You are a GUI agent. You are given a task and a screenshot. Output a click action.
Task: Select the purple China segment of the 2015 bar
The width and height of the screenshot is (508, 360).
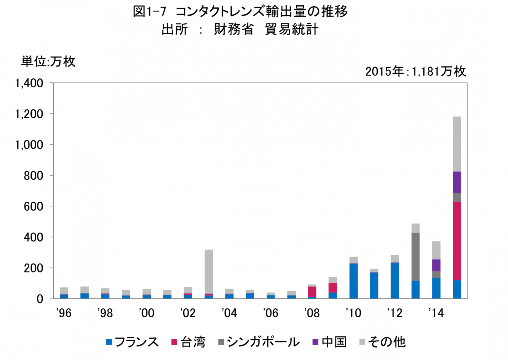(457, 182)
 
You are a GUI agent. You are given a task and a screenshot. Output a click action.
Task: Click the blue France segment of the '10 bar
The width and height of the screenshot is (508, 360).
(354, 281)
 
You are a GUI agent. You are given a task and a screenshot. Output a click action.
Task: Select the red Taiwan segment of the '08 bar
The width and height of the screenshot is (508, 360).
(312, 292)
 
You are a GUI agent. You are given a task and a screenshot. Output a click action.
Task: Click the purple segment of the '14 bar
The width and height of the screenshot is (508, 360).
(436, 265)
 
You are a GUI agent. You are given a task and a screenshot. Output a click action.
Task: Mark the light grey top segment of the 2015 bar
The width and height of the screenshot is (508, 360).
(457, 144)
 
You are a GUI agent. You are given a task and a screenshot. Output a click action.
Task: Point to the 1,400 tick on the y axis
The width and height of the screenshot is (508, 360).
(29, 83)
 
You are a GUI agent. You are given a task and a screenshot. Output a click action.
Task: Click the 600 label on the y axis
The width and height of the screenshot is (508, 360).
(33, 207)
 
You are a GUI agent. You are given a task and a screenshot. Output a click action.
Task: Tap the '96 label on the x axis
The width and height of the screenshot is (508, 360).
(64, 313)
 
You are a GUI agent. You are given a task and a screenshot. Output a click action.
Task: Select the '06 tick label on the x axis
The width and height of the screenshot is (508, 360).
(271, 313)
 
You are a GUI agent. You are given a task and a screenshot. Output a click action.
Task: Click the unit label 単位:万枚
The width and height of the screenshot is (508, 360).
(48, 61)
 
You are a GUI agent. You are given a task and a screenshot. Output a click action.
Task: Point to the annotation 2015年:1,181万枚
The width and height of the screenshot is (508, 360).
(415, 71)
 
